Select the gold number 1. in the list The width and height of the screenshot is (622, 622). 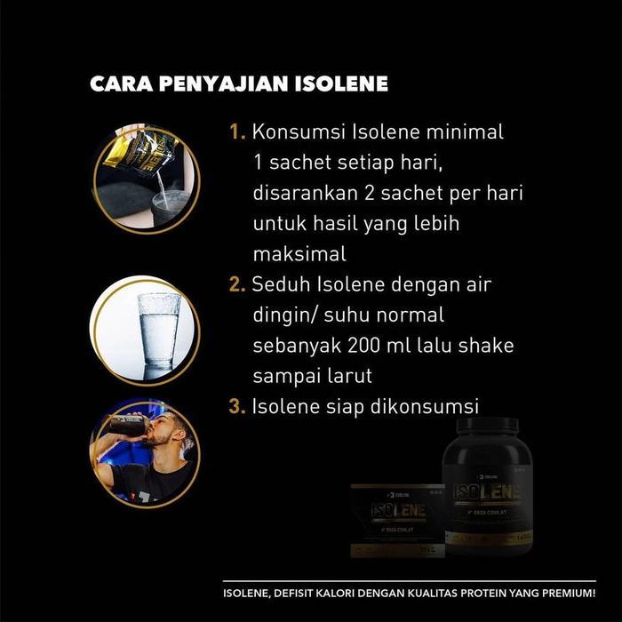coord(237,132)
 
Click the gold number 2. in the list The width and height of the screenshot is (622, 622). coord(237,285)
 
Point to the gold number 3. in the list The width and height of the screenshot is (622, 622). coord(237,406)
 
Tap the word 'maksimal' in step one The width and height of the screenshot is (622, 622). coord(299,254)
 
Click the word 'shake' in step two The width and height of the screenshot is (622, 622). coord(485,345)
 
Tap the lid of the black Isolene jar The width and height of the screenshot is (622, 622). coord(487,426)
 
